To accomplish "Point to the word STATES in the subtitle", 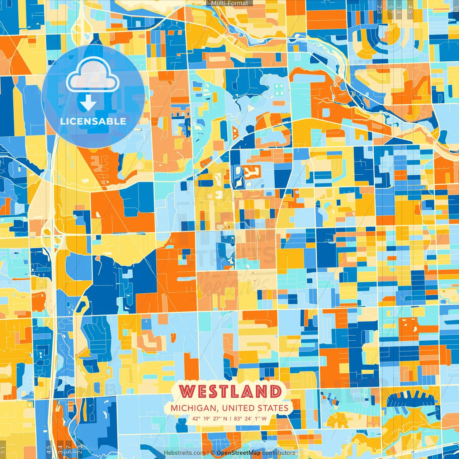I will click(274, 408).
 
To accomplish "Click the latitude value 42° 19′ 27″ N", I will click(210, 418).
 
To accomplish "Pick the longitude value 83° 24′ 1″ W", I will click(250, 418).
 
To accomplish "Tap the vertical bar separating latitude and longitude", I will click(231, 418).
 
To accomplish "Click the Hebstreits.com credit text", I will click(184, 453).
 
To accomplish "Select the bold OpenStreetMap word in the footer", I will click(238, 453).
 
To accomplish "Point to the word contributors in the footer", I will click(279, 453).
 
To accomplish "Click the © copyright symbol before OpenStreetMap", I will click(213, 453).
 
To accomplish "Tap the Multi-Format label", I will click(229, 3).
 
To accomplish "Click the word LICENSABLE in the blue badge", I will click(93, 121).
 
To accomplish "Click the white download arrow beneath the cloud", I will click(88, 104).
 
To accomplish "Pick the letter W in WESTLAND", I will click(187, 391).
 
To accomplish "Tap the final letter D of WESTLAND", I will click(275, 391).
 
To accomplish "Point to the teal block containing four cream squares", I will click(279, 90).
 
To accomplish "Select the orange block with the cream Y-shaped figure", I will click(251, 172).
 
